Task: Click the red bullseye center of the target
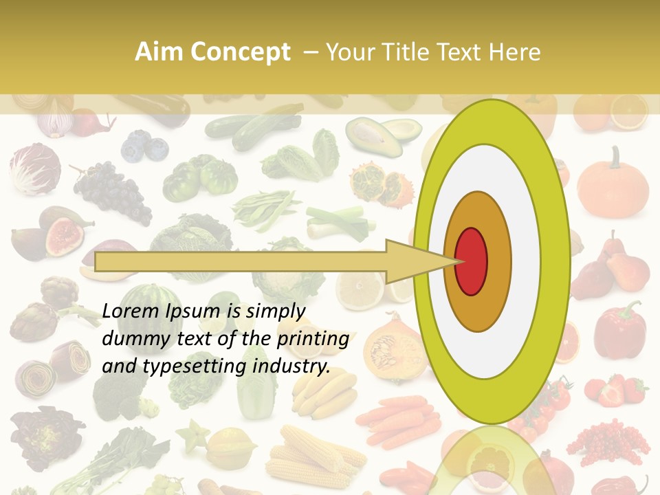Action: coord(471,261)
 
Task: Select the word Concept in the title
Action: coord(239,52)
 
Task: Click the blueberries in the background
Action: coord(145,146)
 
